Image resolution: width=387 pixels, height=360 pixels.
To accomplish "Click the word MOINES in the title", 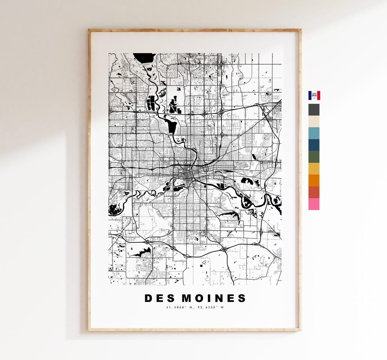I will [x=214, y=298].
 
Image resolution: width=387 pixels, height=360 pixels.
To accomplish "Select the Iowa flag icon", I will [x=314, y=95].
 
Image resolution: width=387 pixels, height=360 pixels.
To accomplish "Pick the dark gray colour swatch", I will [x=314, y=109].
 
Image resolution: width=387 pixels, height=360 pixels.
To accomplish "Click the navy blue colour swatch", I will [x=314, y=145].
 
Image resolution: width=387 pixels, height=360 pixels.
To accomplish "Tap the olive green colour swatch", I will [x=314, y=157].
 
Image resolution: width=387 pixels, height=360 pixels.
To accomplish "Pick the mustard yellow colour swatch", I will [x=314, y=169].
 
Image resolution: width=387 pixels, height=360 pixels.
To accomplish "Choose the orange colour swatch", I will [x=314, y=180].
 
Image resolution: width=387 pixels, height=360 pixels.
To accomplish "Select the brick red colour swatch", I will [x=314, y=192].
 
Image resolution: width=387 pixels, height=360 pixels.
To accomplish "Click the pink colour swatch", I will [x=314, y=204].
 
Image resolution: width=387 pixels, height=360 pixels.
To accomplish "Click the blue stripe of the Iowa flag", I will [x=310, y=95].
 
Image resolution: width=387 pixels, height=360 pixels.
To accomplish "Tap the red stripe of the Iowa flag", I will [x=318, y=95].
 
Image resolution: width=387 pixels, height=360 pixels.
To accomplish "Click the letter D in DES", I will [x=148, y=298].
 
